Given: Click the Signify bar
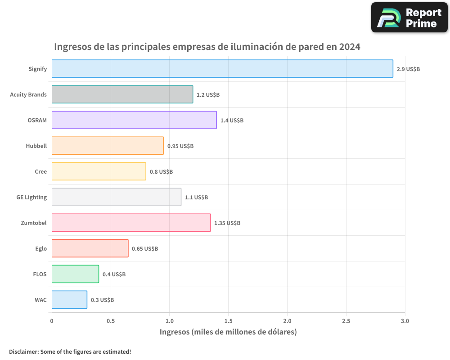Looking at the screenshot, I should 222,69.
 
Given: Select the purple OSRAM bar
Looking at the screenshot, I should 134,120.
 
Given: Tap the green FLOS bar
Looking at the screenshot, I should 75,274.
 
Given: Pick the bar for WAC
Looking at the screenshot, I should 69,300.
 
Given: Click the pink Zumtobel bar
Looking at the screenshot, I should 131,223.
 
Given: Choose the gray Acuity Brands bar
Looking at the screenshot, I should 122,94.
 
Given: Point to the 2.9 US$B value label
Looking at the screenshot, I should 408,69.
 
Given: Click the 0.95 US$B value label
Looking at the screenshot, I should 180,146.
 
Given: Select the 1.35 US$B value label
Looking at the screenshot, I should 227,223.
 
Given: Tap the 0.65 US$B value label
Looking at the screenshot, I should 145,249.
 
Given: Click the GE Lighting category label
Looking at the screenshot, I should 31,197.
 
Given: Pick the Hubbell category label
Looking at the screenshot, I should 36,146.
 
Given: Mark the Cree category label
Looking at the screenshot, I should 40,171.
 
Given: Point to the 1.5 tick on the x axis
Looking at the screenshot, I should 228,321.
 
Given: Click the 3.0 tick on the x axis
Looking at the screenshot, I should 405,321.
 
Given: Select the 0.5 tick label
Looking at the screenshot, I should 111,321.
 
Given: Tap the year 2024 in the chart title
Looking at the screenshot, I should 350,47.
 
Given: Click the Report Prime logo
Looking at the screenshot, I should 409,18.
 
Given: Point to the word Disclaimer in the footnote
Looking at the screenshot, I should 23,352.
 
